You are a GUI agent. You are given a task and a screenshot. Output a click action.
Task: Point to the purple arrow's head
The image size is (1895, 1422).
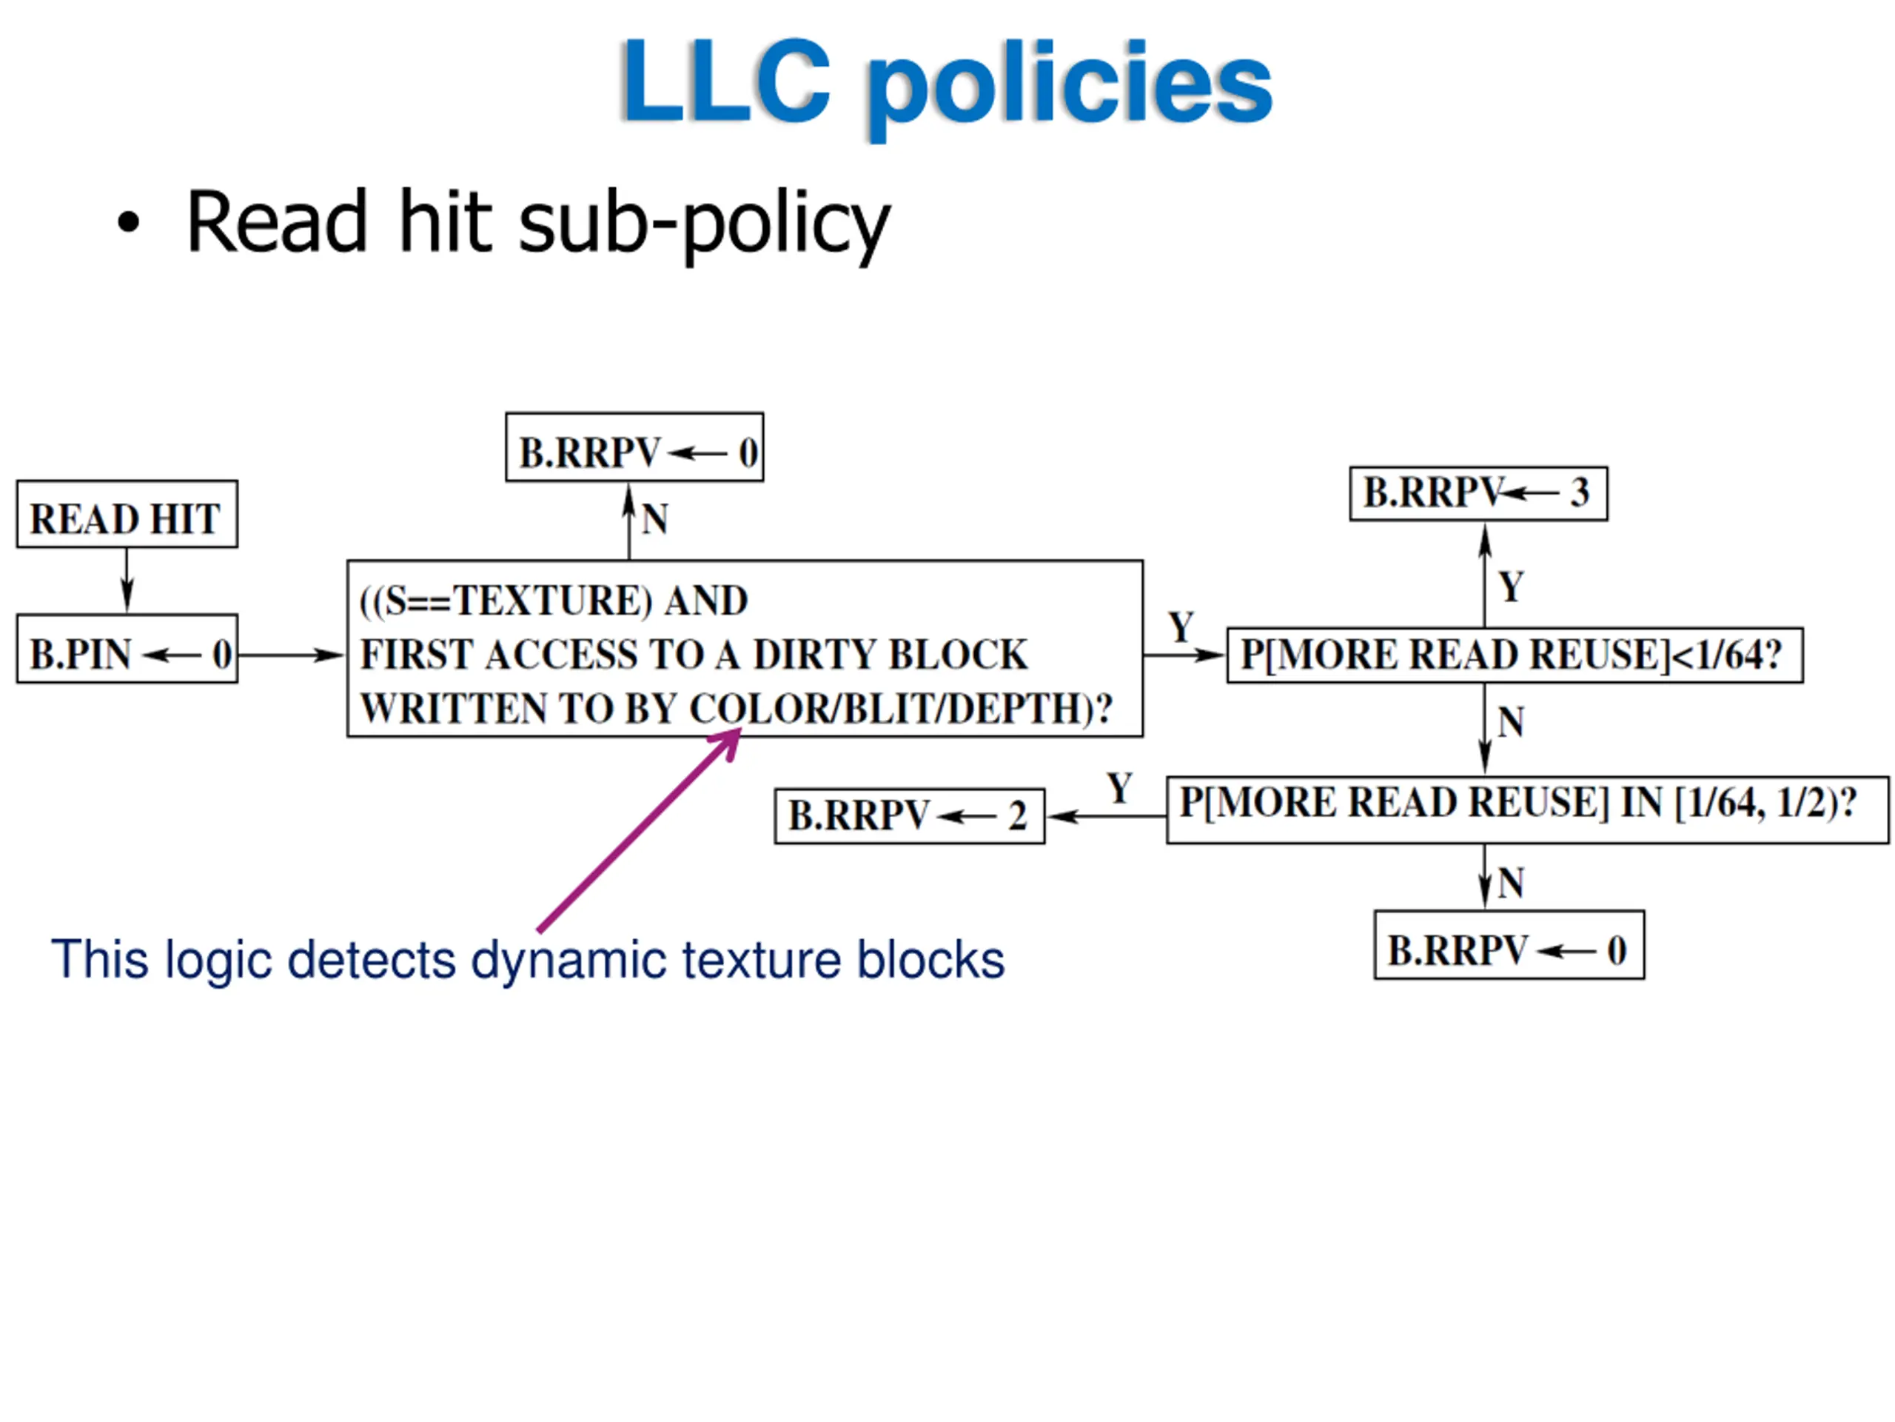point(739,731)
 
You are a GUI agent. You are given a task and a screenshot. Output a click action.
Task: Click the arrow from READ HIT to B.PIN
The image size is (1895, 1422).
point(127,581)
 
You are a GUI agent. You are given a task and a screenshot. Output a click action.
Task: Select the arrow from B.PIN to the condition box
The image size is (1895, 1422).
point(291,655)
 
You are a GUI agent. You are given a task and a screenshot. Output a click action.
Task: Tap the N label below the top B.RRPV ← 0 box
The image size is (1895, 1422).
point(654,518)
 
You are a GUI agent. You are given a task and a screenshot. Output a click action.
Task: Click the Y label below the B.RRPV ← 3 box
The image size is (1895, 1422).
point(1512,587)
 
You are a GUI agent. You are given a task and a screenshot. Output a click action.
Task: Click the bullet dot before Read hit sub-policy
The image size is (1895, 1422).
point(129,223)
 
